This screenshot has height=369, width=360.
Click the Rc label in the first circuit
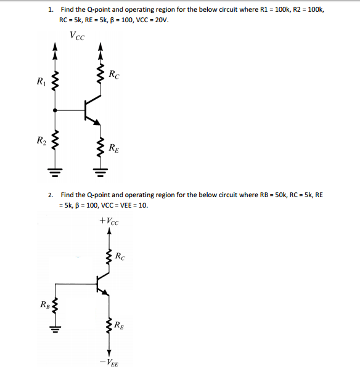click(114, 76)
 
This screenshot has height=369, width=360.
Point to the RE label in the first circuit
click(114, 147)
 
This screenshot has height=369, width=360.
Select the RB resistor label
click(45, 303)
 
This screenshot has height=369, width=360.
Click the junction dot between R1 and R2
click(56, 111)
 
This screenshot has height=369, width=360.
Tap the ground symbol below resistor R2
click(56, 169)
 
